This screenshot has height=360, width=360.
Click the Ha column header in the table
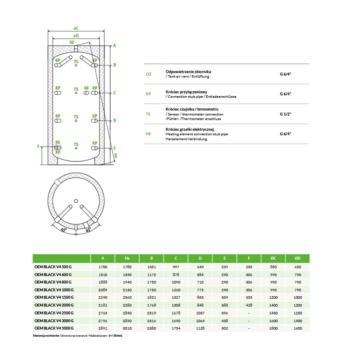(x=127, y=258)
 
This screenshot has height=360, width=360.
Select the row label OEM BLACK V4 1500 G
(x=54, y=297)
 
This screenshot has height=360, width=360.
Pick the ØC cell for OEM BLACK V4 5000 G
(x=274, y=328)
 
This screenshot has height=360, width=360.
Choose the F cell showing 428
(x=249, y=305)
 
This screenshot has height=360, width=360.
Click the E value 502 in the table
(x=225, y=328)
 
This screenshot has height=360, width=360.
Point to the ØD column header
(x=298, y=258)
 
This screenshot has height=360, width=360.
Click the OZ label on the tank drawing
(x=72, y=42)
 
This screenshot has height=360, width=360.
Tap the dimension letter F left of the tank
(x=38, y=147)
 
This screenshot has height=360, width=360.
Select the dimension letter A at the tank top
(x=114, y=46)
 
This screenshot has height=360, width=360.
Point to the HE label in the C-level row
(x=86, y=88)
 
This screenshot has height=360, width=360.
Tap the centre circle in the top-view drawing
(x=76, y=201)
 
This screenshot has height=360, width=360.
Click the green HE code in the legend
(x=148, y=134)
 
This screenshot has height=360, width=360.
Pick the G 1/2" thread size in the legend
(x=285, y=114)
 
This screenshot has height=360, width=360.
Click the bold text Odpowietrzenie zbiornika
(x=185, y=72)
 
